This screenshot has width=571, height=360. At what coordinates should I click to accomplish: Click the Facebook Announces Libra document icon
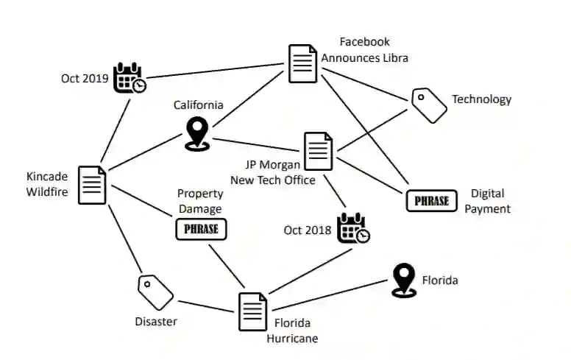(x=302, y=63)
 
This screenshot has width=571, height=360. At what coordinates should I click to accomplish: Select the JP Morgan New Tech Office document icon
(x=319, y=150)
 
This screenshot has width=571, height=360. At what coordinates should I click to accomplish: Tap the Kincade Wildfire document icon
(x=93, y=184)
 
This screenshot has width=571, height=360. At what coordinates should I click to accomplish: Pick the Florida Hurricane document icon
(x=252, y=311)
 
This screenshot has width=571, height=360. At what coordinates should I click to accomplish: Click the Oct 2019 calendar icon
(x=129, y=77)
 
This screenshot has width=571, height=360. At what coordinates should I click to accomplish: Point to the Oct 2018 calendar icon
(x=352, y=228)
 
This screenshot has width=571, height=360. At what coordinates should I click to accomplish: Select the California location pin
(x=196, y=133)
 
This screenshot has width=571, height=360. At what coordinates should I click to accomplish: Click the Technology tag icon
(x=429, y=105)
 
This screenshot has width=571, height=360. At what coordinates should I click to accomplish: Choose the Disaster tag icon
(x=155, y=292)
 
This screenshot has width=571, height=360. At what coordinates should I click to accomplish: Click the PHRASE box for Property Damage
(x=201, y=229)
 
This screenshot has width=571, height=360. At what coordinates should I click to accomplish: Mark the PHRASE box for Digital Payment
(x=432, y=200)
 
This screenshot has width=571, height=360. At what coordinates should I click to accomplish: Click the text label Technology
(x=481, y=99)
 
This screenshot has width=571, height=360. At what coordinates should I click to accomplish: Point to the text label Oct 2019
(x=85, y=77)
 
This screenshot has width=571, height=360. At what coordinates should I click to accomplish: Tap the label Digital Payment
(x=487, y=201)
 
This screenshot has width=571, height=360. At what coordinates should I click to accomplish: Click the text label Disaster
(x=156, y=321)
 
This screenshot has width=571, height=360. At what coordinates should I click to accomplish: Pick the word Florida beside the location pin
(x=440, y=280)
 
